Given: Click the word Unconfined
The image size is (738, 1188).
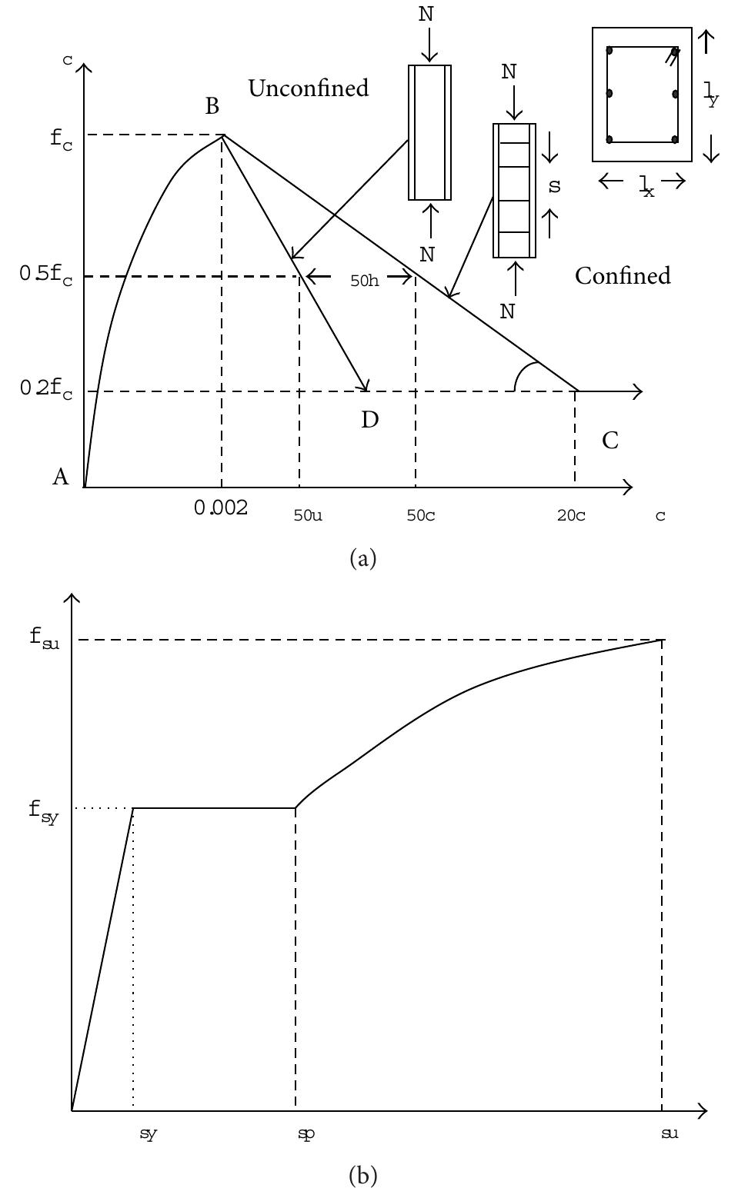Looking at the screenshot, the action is point(309,88).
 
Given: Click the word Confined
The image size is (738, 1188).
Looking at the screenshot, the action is point(623,276).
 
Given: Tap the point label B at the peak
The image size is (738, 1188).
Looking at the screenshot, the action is point(212,107).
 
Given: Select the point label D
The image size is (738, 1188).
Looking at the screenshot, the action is point(370,420).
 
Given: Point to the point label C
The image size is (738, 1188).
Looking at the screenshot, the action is point(610,441).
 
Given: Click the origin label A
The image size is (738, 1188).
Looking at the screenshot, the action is point(61,478).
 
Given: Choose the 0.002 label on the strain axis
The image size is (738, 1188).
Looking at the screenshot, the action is point(221,508).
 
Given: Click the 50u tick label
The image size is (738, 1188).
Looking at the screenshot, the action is point(308,515).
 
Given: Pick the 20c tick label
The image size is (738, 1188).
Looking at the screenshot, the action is point(571,515).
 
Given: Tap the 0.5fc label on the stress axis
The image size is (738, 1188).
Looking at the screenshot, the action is point(46,275).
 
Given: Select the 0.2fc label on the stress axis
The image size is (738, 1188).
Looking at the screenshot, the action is point(46,390).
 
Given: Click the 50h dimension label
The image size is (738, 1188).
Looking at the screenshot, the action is point(365,281).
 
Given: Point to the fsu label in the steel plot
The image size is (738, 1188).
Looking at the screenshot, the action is point(44,638).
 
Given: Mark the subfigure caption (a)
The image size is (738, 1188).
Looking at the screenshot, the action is point(363,559).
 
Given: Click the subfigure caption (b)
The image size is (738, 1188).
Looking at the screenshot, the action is point(363,1175).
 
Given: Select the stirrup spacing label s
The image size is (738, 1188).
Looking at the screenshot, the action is point(554,186).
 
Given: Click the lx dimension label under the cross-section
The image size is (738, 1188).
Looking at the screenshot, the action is point(646,187).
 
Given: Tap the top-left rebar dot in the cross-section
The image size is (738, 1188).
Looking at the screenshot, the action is point(609,51).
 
